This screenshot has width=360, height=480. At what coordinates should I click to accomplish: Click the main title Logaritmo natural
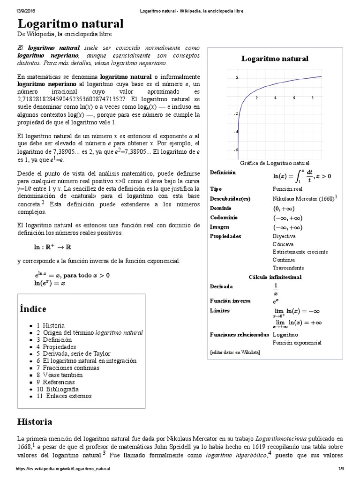click(x=70, y=24)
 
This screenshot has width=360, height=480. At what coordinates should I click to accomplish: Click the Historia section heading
click(x=35, y=421)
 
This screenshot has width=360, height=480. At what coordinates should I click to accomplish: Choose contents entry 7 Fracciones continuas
click(x=67, y=368)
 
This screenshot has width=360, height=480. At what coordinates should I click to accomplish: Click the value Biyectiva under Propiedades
click(x=284, y=236)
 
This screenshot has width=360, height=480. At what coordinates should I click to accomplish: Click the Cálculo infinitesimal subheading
click(x=275, y=277)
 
